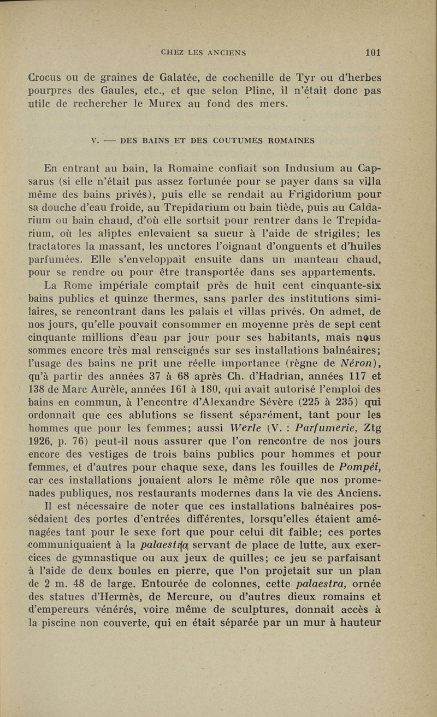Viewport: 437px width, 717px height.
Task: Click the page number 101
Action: [374, 52]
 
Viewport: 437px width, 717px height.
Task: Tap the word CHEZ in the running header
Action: [172, 53]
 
